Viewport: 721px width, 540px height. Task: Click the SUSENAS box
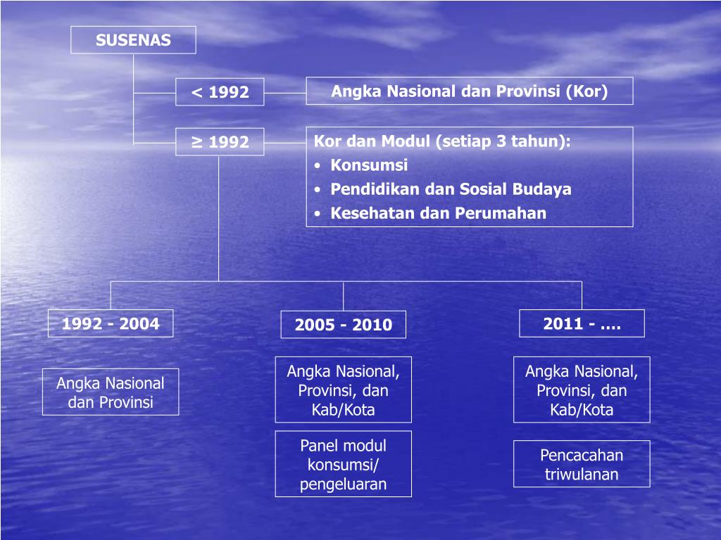coord(133,40)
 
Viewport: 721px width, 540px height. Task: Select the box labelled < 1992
coord(220,92)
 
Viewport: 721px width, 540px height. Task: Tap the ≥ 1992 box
coord(220,142)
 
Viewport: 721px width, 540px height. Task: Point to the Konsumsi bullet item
coord(369,165)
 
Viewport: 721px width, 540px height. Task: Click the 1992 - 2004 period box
coord(111,323)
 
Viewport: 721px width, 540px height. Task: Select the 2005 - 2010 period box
coord(344,325)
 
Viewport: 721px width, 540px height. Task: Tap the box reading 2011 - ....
coord(582,323)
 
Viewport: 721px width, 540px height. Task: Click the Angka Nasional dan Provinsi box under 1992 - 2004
coord(111,392)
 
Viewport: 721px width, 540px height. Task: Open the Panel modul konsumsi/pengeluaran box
coord(344,464)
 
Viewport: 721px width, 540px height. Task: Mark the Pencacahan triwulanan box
coord(582,464)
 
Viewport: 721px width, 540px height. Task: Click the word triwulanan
coord(582,474)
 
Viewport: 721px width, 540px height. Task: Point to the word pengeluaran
coord(343,484)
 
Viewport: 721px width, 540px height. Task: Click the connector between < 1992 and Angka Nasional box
coord(285,92)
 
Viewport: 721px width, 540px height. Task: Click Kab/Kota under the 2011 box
coord(582,410)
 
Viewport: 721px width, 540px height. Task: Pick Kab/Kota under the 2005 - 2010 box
coord(343,410)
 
